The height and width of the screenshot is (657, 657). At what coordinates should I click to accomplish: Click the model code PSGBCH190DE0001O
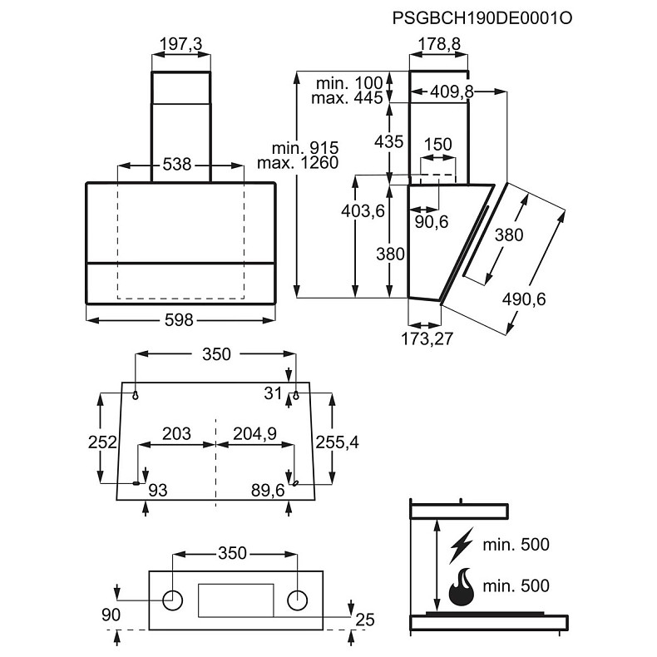tap(482, 19)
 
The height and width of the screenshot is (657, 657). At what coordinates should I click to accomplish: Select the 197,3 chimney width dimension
tap(181, 43)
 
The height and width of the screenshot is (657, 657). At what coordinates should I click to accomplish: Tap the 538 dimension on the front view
tap(177, 165)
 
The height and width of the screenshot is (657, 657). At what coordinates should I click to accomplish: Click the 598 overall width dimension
tap(180, 320)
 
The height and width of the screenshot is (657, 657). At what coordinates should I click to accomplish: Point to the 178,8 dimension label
tap(440, 43)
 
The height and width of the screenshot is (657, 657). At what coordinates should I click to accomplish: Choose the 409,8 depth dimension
tap(452, 91)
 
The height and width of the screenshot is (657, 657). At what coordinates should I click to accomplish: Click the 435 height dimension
tap(389, 141)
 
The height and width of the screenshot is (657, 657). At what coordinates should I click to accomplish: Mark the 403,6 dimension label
tap(363, 211)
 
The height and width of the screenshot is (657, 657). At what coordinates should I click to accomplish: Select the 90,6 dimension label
tap(432, 222)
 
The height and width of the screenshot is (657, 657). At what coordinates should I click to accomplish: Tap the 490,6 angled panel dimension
tap(524, 299)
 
